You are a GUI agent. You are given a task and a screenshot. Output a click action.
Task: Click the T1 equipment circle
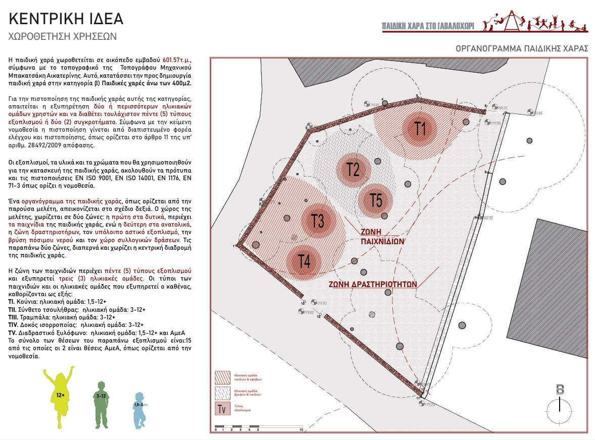pos(419,129)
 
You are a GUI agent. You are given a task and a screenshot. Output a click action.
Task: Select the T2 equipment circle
pos(353,169)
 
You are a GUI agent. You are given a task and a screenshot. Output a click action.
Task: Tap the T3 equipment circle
pos(318,221)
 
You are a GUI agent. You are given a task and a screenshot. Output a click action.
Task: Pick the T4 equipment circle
pos(304,261)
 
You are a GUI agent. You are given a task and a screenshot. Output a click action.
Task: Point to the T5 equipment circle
pos(376,200)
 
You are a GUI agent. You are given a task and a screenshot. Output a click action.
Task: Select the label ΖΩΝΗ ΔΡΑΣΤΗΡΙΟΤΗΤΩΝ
pos(373,284)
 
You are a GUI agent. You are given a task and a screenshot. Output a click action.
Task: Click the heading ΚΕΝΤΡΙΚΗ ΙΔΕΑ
pos(66,19)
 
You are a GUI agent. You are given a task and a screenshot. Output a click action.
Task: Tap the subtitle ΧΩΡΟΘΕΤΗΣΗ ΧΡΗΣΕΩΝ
pos(63,36)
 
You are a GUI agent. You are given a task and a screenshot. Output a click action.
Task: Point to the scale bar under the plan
pos(258,429)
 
